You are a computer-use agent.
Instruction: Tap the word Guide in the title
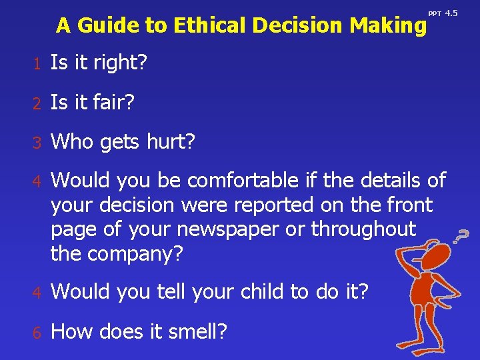point(106,25)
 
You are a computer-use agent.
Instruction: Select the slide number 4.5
point(451,13)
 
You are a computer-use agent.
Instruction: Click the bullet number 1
point(39,64)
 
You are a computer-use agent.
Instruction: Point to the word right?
point(119,64)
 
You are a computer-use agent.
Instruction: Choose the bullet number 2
point(39,103)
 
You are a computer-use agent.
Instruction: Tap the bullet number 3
point(39,141)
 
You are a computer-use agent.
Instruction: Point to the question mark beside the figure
point(460,235)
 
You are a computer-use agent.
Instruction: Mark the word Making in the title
point(387,25)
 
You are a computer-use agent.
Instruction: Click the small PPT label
point(434,13)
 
